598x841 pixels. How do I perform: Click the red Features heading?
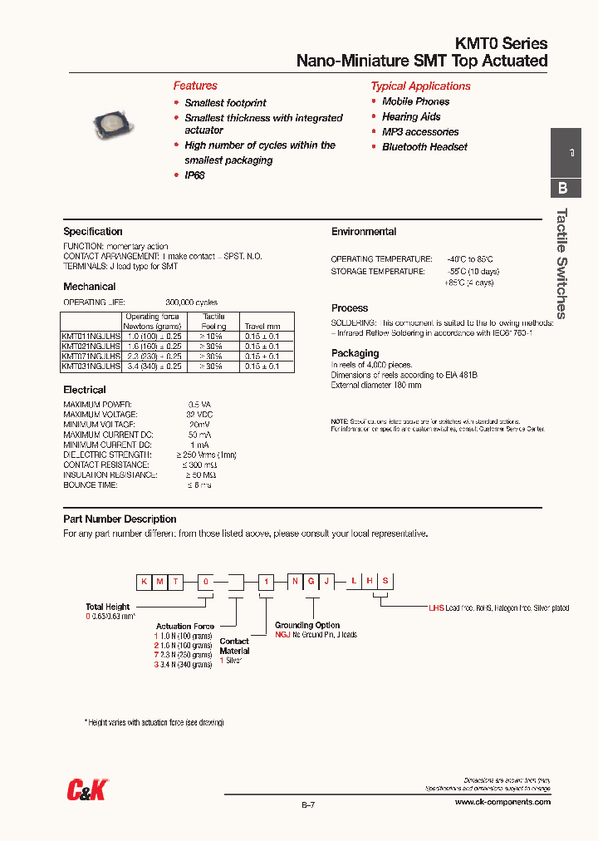click(x=195, y=86)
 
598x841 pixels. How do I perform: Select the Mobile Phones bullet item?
click(x=415, y=101)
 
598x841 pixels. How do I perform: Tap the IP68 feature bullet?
click(x=194, y=175)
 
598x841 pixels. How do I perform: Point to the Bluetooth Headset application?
click(x=424, y=147)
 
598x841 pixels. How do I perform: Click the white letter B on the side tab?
click(x=563, y=188)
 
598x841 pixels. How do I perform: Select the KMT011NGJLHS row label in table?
click(x=91, y=336)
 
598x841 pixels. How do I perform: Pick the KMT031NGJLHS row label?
click(x=91, y=366)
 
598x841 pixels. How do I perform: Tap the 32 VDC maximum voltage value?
click(x=199, y=414)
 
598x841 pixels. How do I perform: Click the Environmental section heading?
click(x=364, y=232)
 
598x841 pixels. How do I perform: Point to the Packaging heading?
click(x=355, y=353)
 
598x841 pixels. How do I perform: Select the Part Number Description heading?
click(x=120, y=519)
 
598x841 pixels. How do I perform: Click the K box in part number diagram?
click(x=145, y=583)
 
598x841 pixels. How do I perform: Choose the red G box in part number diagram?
click(x=311, y=583)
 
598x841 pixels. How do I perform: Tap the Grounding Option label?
click(x=307, y=625)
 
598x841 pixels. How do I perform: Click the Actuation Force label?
click(x=185, y=627)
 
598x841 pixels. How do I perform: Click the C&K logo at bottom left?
click(x=87, y=790)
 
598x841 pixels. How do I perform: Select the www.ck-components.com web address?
click(x=502, y=802)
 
